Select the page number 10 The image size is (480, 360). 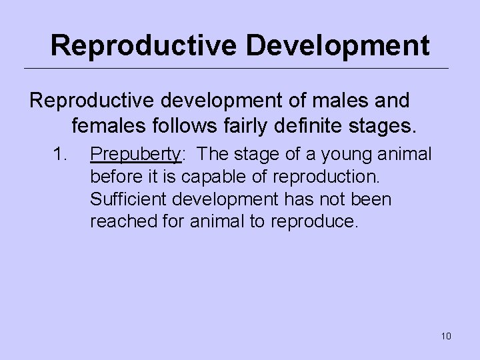[x=446, y=336]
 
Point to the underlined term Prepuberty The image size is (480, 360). [x=136, y=155]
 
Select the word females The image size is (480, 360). [x=110, y=124]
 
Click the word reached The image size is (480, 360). [x=118, y=221]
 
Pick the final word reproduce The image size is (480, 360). [x=317, y=221]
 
